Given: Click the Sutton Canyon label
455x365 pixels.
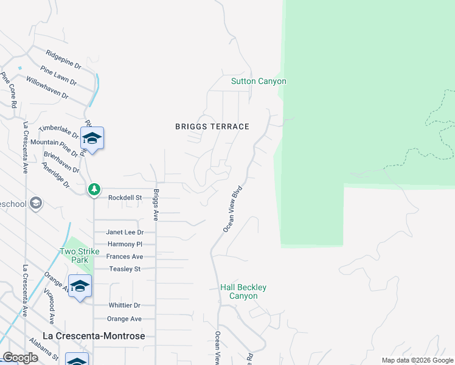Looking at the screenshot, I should (259, 81).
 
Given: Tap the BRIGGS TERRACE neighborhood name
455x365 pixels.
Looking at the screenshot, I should (212, 127).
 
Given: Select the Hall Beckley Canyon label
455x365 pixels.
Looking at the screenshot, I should (243, 291).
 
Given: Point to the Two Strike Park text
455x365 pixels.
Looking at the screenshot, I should (75, 255).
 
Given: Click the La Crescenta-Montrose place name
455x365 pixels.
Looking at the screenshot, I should (94, 336).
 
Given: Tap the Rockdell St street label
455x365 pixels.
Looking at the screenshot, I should (125, 198).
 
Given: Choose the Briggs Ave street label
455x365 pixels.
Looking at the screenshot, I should (156, 204).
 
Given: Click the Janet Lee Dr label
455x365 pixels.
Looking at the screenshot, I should (125, 232).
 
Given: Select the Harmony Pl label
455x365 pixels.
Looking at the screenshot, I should (125, 245).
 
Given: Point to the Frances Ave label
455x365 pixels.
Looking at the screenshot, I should (125, 257).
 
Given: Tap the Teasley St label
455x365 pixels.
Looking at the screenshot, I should (125, 269).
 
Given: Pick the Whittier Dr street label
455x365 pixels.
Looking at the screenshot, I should (125, 305).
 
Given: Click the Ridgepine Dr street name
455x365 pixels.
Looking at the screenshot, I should (63, 58).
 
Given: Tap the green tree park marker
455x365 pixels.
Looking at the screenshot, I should (94, 190).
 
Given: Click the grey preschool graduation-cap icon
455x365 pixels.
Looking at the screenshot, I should (36, 203).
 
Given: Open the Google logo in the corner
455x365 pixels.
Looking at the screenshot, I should (20, 358).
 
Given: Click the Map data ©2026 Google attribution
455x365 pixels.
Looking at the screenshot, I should (417, 360).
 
